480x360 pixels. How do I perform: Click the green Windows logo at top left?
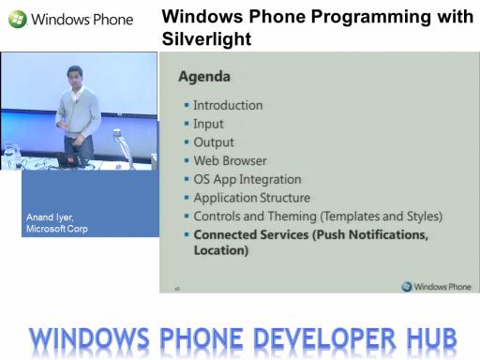click(x=18, y=19)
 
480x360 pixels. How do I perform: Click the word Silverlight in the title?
click(x=206, y=39)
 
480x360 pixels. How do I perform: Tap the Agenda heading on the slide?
click(x=204, y=77)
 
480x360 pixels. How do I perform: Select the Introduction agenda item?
click(x=228, y=105)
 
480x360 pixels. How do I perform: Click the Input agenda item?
click(x=208, y=124)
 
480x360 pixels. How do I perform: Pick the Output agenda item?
click(x=214, y=142)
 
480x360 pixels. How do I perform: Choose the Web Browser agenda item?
click(x=230, y=160)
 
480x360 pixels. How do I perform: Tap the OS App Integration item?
click(x=247, y=179)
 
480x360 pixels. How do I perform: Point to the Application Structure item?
click(x=252, y=198)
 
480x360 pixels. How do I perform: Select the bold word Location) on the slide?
click(x=221, y=250)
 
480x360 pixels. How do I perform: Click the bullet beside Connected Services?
click(x=187, y=234)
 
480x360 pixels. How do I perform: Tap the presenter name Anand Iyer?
click(x=50, y=217)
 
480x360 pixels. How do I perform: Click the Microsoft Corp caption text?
click(x=57, y=229)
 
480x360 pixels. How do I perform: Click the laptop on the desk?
click(x=71, y=160)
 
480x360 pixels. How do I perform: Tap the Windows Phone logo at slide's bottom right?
click(x=436, y=286)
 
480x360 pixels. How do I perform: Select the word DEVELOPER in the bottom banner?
click(x=324, y=338)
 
